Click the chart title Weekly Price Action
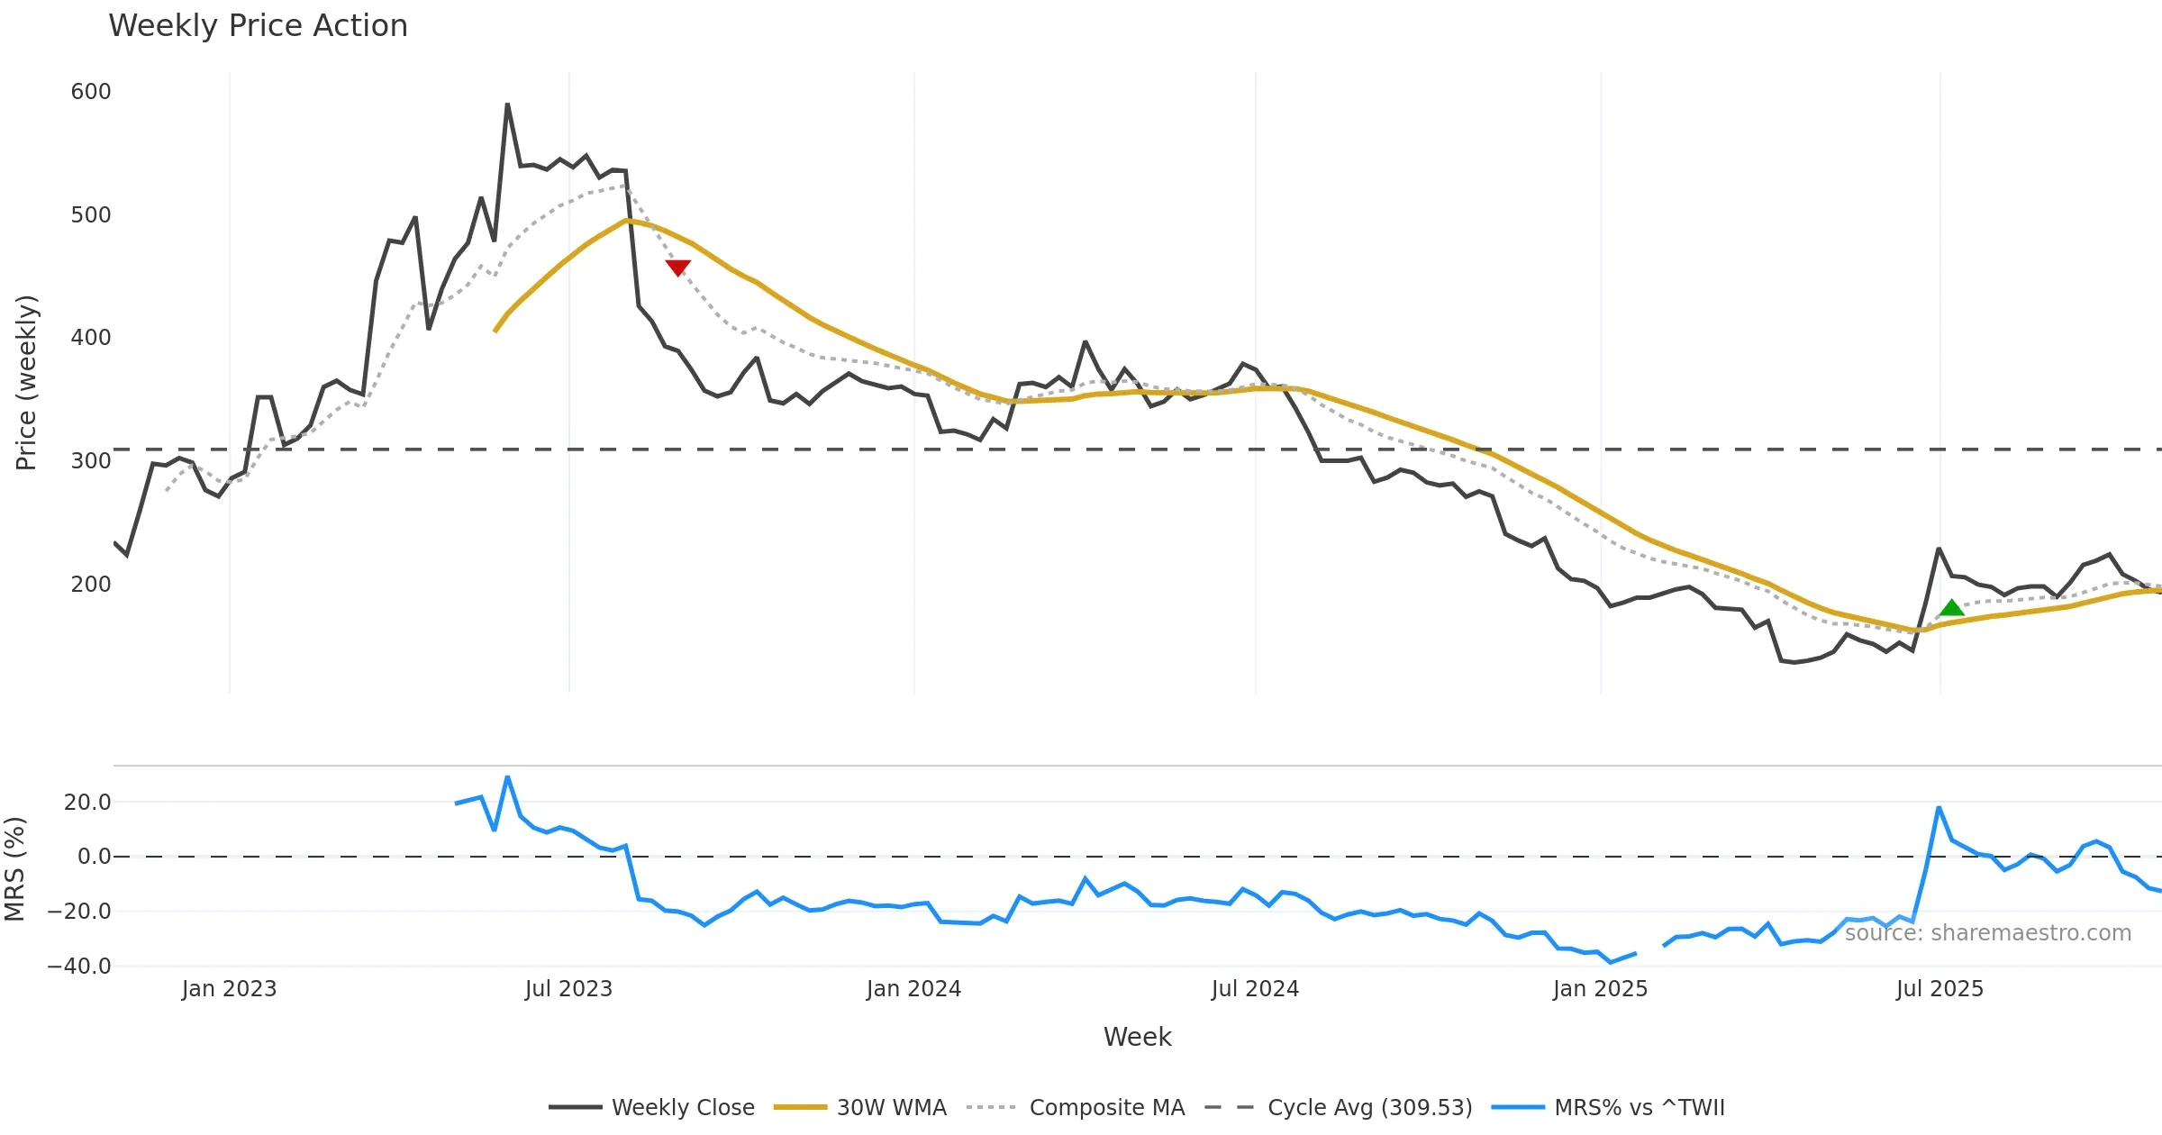(x=258, y=26)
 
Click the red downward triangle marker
(x=677, y=268)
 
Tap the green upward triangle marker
(x=1951, y=608)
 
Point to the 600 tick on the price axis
(x=91, y=92)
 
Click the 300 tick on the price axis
(x=91, y=461)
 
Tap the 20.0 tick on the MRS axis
(x=87, y=803)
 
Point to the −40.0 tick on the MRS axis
(x=79, y=967)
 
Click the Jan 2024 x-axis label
(x=913, y=989)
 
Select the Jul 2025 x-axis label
(x=1939, y=989)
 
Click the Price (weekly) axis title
(x=26, y=383)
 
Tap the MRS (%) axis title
(x=15, y=868)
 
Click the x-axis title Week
(x=1137, y=1038)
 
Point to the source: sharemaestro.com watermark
(x=1987, y=933)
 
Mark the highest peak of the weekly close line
(x=507, y=104)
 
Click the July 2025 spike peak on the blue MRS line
(x=1939, y=808)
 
